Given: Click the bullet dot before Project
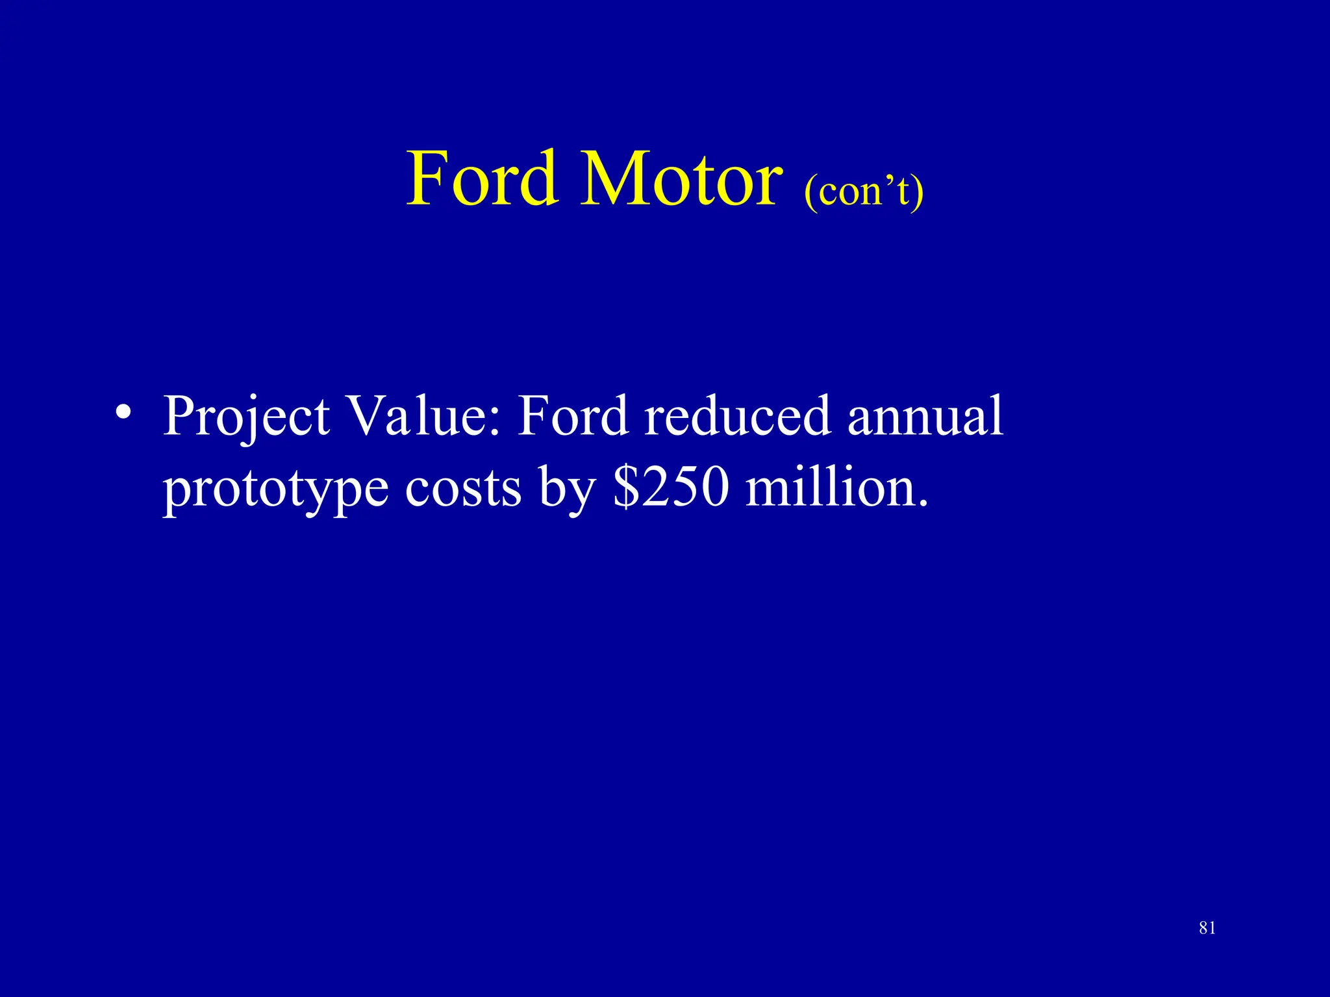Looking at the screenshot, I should click(123, 413).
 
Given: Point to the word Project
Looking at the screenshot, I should click(247, 417).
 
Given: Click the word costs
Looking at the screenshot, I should click(463, 488).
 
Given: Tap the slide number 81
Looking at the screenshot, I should click(1207, 928).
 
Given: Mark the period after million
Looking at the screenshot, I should click(923, 504).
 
